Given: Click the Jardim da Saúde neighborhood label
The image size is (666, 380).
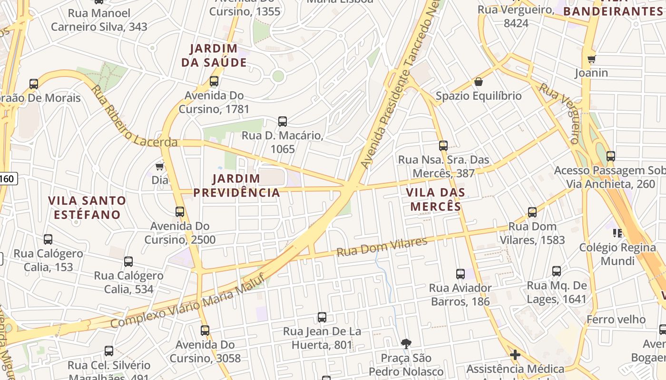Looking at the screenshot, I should tap(214, 55).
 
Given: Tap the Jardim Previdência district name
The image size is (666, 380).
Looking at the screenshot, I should tap(236, 185).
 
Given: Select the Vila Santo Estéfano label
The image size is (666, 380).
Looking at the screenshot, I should tap(87, 207).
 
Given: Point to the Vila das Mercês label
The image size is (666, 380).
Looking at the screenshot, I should tap(436, 199).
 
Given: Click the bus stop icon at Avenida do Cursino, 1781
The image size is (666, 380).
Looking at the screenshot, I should tap(214, 81).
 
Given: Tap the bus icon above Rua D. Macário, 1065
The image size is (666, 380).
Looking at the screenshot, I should tap(283, 122).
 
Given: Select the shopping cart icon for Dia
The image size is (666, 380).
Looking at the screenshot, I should tap(160, 166).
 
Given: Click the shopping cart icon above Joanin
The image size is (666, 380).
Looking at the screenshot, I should tap(591, 59).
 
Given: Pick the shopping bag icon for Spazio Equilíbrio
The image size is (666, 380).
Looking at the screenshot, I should tap(479, 82).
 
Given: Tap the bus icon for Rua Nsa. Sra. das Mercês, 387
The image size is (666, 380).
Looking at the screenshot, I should tap(443, 146).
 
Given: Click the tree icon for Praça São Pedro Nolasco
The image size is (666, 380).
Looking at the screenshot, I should tap(406, 343).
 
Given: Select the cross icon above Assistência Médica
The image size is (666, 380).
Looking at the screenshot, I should tap(515, 355).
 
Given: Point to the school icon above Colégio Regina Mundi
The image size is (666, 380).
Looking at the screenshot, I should tap(617, 233).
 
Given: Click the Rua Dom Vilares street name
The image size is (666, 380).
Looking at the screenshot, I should tap(382, 247).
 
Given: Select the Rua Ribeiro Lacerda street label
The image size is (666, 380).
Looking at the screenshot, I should tap(133, 116).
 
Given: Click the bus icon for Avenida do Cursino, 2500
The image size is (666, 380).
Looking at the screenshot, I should tap(180, 212).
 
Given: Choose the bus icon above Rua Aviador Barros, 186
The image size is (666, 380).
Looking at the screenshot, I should tap(460, 274).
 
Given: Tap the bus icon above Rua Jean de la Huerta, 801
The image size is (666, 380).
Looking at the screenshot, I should tap(322, 317).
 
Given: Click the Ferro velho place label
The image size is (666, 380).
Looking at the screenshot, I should tap(616, 319).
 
